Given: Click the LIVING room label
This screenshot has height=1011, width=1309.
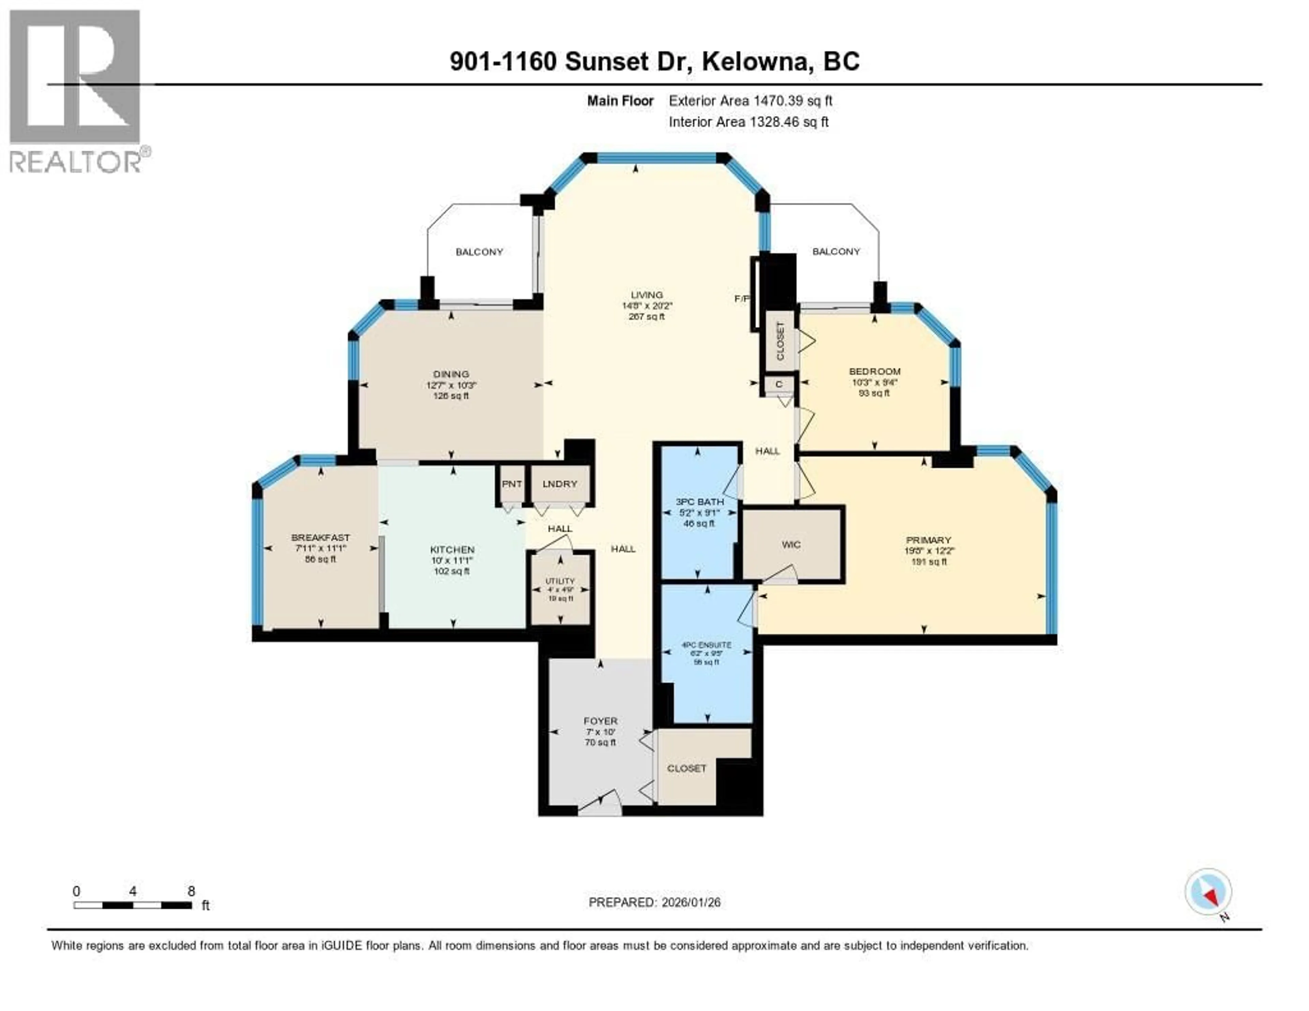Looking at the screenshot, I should (x=647, y=295).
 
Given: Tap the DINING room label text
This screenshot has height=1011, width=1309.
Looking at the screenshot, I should (x=451, y=374).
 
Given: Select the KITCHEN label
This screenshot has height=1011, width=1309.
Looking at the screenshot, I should (x=452, y=549).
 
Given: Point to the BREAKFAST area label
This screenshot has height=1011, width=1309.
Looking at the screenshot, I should (x=321, y=538).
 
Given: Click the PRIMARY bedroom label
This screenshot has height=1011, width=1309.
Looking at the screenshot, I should (x=929, y=540).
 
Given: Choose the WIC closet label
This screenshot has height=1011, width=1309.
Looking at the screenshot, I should (x=791, y=545).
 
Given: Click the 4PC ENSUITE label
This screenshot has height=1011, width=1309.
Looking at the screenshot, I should (x=707, y=645).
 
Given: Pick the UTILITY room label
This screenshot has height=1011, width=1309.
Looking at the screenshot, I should (x=560, y=581).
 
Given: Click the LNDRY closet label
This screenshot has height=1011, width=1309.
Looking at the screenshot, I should (x=559, y=484).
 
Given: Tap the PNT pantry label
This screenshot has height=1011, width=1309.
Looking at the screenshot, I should (x=511, y=484).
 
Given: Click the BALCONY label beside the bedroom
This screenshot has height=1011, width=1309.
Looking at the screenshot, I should (x=836, y=252).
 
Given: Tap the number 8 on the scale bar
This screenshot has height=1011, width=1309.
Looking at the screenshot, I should (x=191, y=891).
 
